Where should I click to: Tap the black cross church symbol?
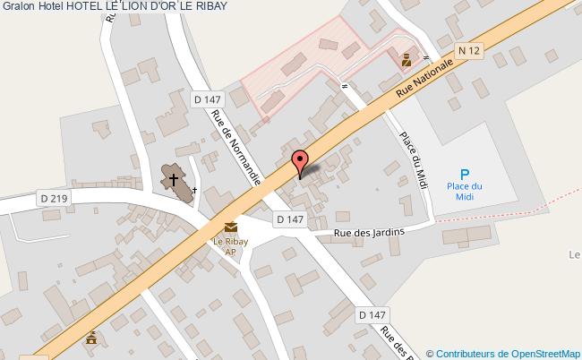174,179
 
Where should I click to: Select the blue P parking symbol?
464,175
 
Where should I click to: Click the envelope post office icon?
230,227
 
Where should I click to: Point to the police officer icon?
407,61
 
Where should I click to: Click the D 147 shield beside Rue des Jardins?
289,219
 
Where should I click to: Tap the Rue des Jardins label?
369,233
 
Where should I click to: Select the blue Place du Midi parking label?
465,191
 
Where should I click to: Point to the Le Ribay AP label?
230,245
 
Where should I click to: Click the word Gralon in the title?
18,6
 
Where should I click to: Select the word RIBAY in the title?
207,6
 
